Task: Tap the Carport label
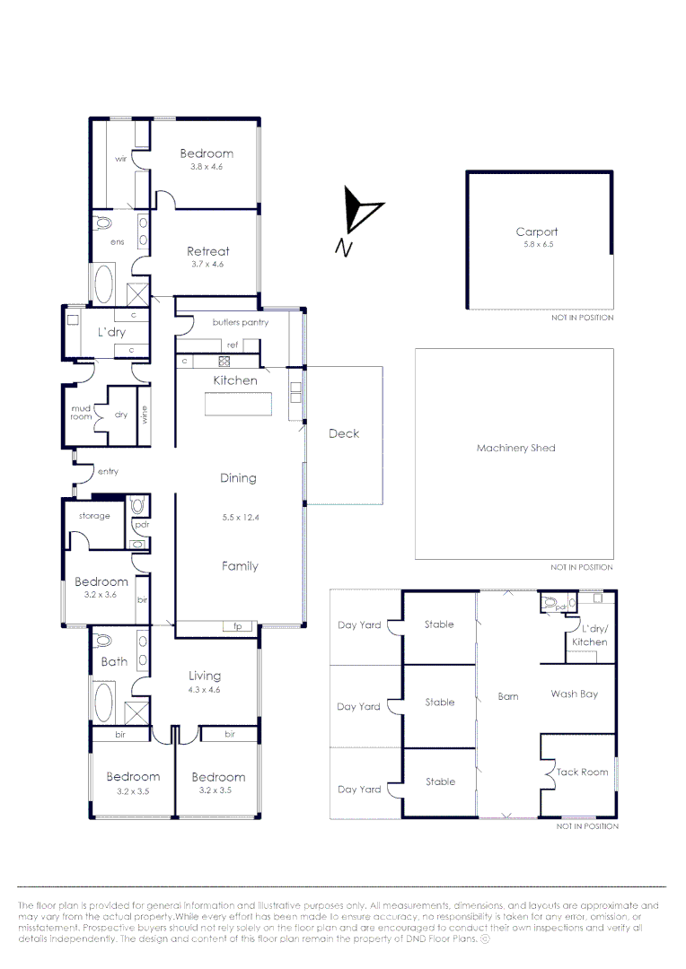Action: [x=537, y=231]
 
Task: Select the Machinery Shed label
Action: [x=515, y=448]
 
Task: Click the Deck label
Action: [x=343, y=433]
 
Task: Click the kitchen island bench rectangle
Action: [x=238, y=405]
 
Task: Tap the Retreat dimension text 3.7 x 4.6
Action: [x=207, y=265]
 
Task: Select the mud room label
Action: [x=82, y=413]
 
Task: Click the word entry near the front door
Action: [x=108, y=472]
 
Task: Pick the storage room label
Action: [x=94, y=516]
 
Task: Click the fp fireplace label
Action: [x=238, y=625]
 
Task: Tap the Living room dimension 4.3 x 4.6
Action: [x=205, y=689]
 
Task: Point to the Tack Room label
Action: [x=582, y=772]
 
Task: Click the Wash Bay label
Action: [x=574, y=694]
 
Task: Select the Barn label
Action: [x=508, y=696]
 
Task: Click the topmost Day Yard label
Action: [x=359, y=624]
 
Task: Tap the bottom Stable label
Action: [x=440, y=781]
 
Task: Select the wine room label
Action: [x=144, y=415]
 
